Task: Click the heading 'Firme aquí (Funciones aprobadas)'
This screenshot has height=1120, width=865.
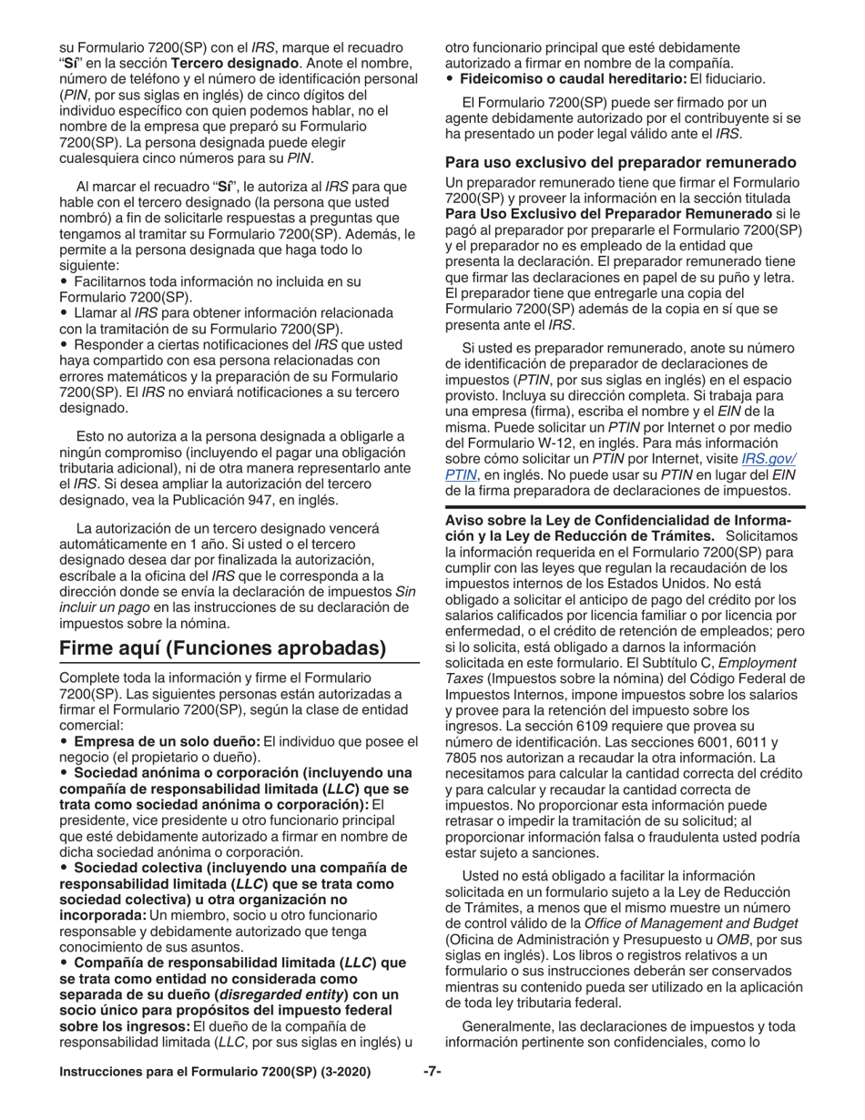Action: (222, 648)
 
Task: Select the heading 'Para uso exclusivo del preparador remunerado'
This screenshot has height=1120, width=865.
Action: (621, 163)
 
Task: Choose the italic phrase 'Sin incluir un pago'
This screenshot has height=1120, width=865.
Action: (237, 599)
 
